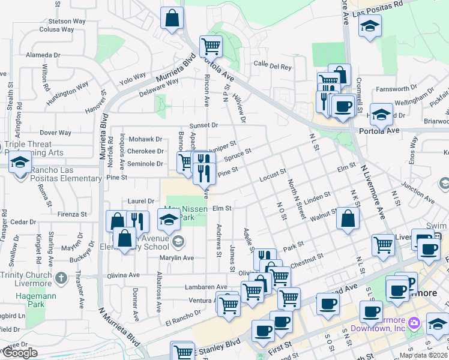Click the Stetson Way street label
point(59,21)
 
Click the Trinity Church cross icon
point(61,278)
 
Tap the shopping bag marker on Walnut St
point(348,219)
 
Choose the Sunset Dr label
point(203,125)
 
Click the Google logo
point(19,353)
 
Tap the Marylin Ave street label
point(176,257)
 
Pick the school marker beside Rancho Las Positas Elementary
point(20,163)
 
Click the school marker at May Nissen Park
point(169,222)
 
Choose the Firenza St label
point(73,214)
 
